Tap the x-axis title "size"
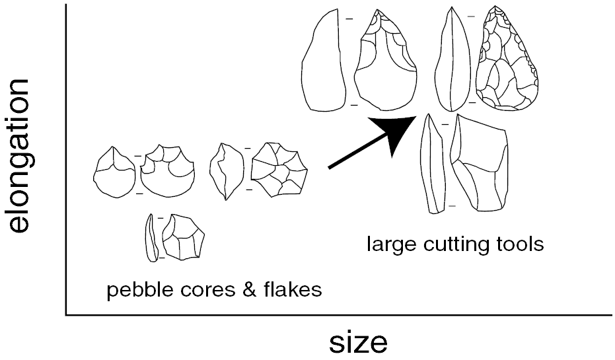click(359, 343)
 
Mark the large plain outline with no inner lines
click(324, 62)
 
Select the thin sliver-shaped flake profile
click(151, 237)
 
